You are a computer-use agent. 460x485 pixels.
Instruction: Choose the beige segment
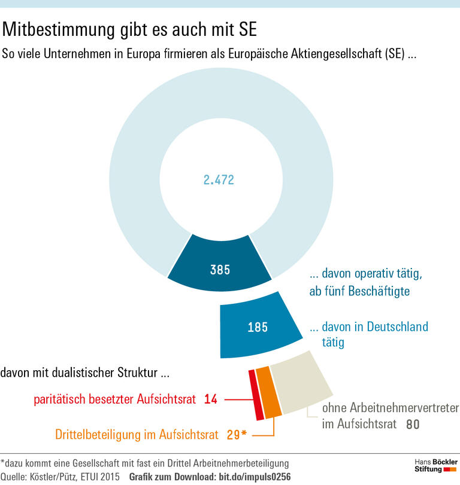[299, 383]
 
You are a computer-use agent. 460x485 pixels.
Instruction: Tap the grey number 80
[412, 425]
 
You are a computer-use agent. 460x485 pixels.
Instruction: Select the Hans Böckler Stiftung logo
[435, 466]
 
